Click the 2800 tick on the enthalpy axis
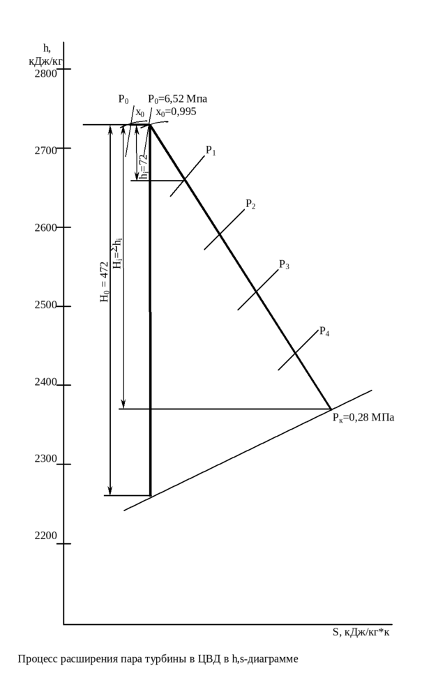click(x=46, y=73)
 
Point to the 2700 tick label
click(x=46, y=150)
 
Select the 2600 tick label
click(x=46, y=227)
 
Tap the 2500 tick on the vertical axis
click(x=46, y=304)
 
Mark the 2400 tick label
click(x=46, y=381)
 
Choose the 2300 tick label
click(x=46, y=458)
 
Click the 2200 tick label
click(x=46, y=534)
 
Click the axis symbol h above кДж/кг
click(x=47, y=48)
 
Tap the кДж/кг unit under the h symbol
click(x=46, y=61)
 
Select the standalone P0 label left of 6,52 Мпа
click(x=123, y=99)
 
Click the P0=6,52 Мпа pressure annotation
click(x=177, y=99)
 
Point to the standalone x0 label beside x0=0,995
click(x=140, y=112)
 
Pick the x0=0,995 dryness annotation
click(x=176, y=112)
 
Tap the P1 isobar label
click(x=211, y=150)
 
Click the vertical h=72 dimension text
click(x=144, y=166)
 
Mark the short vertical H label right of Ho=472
click(x=117, y=254)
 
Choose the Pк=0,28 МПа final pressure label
click(x=363, y=418)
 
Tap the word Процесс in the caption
click(x=35, y=658)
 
